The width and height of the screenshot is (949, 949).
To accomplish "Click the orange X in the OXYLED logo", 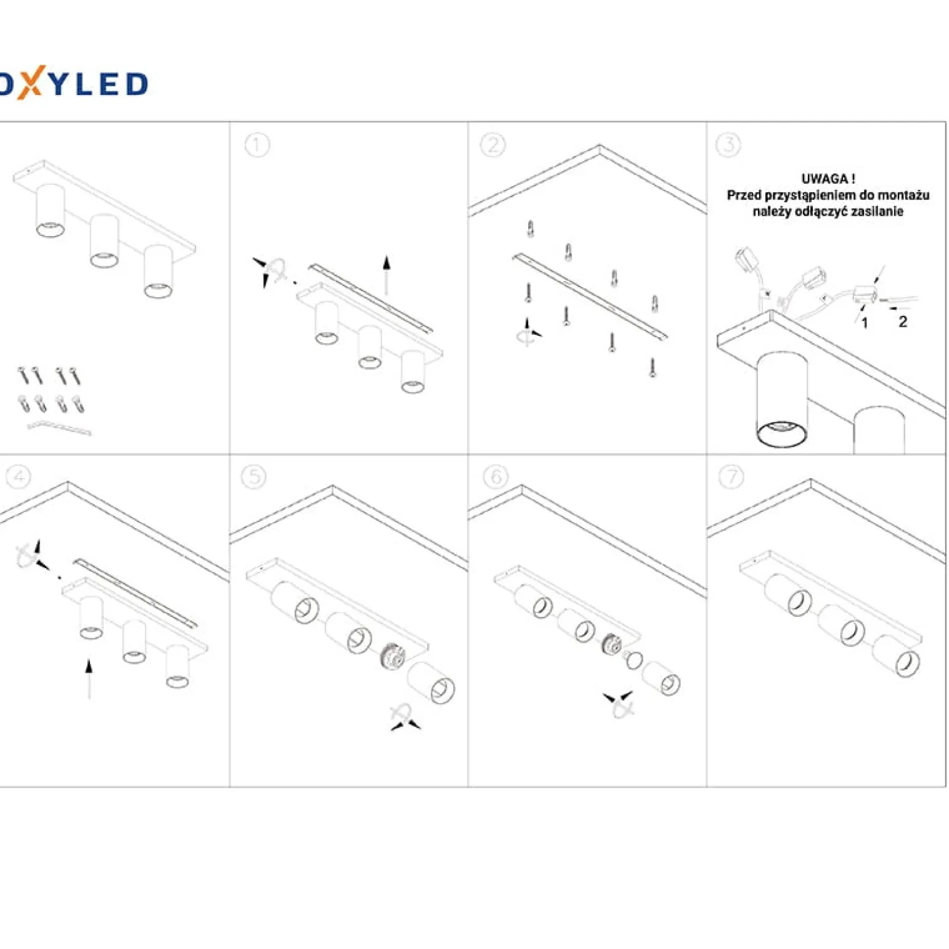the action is (x=30, y=83).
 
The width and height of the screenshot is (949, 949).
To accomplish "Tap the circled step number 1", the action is (x=257, y=145).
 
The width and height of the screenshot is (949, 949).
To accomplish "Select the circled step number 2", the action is (x=493, y=145).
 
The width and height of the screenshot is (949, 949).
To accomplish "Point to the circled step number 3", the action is (x=728, y=145).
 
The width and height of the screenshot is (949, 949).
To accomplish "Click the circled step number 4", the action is (x=18, y=476).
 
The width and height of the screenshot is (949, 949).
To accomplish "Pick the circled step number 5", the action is (x=253, y=476).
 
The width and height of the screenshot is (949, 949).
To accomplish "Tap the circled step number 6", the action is (x=496, y=476).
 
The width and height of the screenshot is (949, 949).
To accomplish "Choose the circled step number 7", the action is (x=731, y=476).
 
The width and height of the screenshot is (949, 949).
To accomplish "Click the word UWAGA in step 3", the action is (x=825, y=179).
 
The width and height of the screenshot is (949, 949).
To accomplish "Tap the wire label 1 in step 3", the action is (x=865, y=323).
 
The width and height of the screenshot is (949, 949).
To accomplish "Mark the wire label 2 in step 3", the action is (x=903, y=322).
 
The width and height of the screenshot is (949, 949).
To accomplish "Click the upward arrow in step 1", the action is (x=386, y=275).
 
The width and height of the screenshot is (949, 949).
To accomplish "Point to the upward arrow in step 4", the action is (x=89, y=679).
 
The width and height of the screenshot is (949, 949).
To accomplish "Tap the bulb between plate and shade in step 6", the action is (x=633, y=659).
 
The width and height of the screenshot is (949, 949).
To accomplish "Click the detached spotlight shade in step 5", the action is (x=431, y=682).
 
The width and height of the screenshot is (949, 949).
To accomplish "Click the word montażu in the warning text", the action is (x=903, y=195).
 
